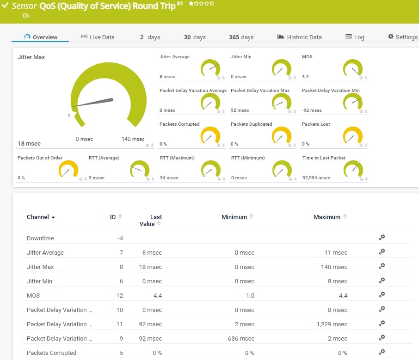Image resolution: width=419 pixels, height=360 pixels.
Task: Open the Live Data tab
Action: click(98, 37)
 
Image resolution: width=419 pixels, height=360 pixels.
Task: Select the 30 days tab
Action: click(195, 37)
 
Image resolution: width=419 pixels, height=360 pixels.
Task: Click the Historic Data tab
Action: click(299, 37)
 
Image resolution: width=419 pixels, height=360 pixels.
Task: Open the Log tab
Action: click(355, 37)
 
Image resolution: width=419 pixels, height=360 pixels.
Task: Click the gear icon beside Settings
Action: click(391, 37)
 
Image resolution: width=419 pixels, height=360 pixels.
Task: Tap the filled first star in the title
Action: click(191, 4)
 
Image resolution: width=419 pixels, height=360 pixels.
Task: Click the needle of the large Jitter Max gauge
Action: click(92, 103)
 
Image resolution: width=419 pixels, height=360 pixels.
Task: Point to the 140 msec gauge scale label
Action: click(133, 139)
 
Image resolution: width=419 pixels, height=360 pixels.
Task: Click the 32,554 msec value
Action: click(316, 178)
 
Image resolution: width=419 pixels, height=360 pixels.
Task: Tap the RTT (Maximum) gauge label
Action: click(177, 158)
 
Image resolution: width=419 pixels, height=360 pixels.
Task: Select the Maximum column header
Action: click(327, 217)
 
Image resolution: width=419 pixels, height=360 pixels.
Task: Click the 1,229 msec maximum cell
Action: click(332, 324)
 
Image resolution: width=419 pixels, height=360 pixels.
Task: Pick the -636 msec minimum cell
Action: click(240, 339)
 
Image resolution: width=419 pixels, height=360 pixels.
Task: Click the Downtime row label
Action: click(40, 238)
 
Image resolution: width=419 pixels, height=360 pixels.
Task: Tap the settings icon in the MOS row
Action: click(382, 294)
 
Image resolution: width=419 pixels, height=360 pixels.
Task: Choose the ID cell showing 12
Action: click(119, 296)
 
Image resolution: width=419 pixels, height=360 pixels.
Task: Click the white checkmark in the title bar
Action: click(5, 5)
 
